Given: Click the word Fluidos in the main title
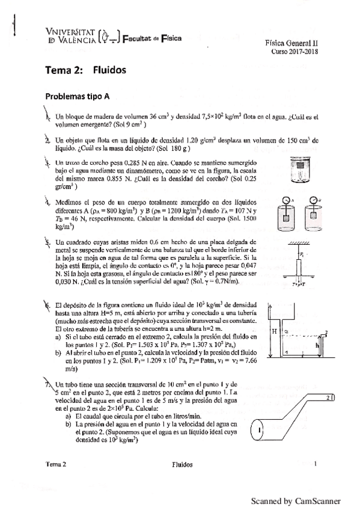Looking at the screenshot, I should (109, 70).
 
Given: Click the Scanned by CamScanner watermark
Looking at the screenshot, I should (295, 501).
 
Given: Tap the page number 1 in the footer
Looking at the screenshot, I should (315, 464).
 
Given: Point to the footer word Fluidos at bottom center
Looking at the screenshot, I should (182, 464).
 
